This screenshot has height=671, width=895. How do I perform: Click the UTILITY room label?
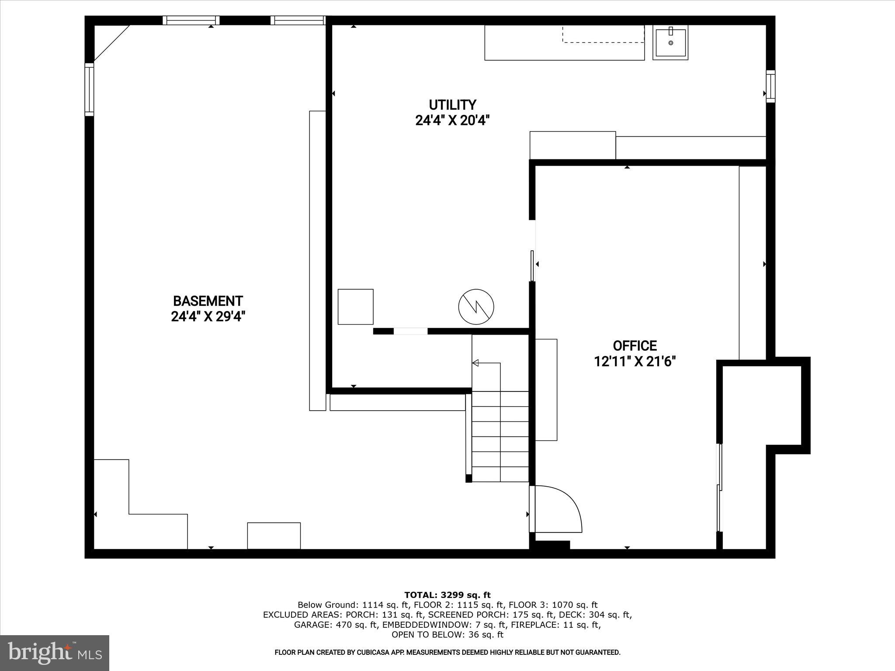point(452,105)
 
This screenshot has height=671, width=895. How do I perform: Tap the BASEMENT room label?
point(208,301)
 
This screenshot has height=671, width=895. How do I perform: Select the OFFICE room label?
point(635,346)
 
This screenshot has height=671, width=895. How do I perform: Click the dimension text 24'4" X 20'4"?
point(452,121)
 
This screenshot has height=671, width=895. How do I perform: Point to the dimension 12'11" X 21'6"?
point(635,362)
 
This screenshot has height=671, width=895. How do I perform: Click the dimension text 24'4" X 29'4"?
point(208,317)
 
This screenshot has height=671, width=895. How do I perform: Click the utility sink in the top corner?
point(670,42)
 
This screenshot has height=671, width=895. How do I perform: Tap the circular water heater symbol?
point(476,307)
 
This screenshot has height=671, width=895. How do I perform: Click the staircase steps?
point(500,437)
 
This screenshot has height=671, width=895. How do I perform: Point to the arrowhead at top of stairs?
point(475,363)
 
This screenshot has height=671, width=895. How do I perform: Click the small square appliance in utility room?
point(355,307)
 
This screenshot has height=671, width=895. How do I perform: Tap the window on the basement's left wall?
point(89,89)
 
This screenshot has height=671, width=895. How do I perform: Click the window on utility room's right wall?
point(770,86)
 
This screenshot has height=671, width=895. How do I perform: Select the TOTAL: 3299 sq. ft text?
point(447,595)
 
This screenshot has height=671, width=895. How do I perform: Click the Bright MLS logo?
point(55,653)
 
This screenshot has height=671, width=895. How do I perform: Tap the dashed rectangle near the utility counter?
point(603,34)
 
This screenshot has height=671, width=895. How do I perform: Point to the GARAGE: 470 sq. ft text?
point(336,625)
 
